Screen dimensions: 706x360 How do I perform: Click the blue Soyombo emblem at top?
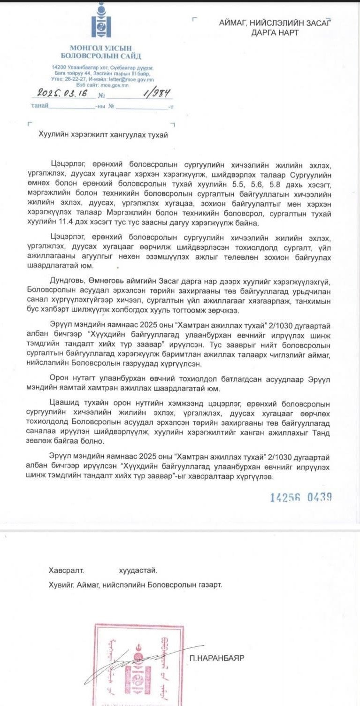[101, 21]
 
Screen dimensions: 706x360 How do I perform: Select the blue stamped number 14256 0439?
[301, 497]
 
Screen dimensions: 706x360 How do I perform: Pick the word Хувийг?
[61, 585]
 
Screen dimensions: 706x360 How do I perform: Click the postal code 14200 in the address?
[59, 68]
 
